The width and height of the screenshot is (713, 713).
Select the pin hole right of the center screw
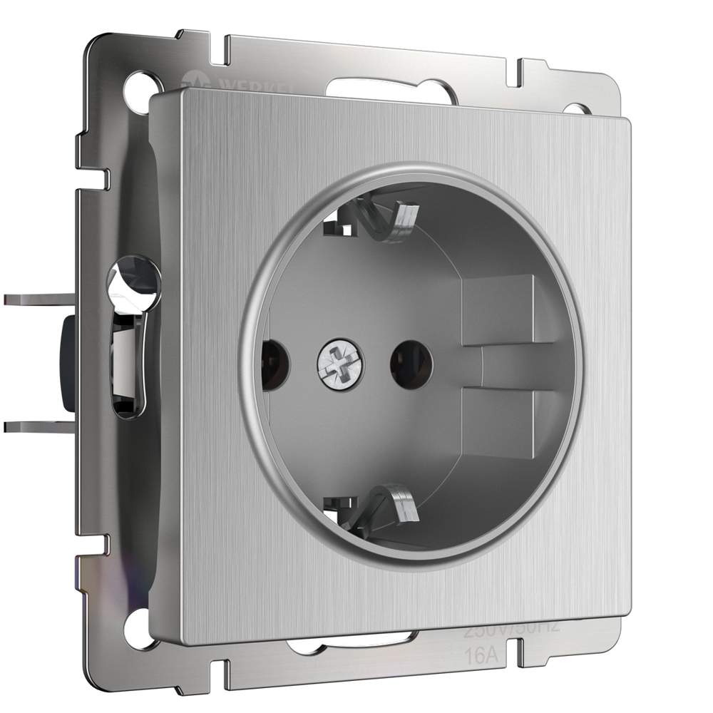(411, 364)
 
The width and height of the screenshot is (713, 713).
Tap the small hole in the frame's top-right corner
(574, 109)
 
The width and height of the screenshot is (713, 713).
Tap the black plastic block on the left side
(70, 364)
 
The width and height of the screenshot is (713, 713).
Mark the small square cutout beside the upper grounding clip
(337, 227)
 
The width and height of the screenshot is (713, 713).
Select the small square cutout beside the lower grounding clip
(337, 506)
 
